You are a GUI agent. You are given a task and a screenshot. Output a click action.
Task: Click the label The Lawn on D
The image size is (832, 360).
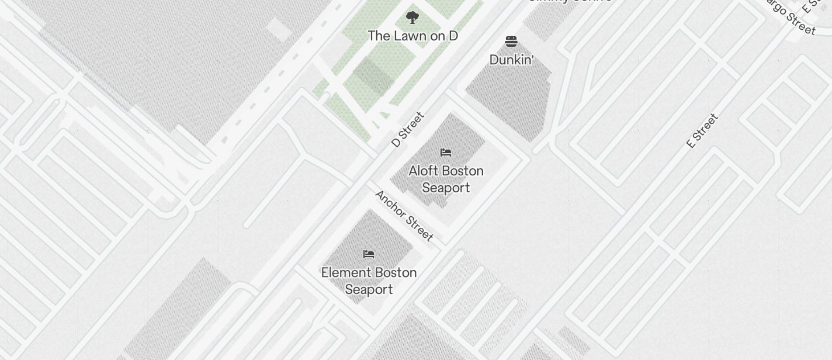[x=412, y=36]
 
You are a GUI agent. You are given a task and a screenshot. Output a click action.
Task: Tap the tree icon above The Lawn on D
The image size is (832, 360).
[x=412, y=17]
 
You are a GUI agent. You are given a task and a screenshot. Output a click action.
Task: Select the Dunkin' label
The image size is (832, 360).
[x=512, y=60]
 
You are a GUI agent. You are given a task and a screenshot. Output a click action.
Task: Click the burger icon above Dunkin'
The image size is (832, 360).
[x=511, y=41]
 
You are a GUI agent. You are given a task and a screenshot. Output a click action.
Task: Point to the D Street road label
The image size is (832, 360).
[x=407, y=129]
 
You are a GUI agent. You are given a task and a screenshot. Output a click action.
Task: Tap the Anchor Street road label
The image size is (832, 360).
[x=404, y=215]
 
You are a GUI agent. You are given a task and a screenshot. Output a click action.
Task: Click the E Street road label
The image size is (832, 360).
[x=702, y=131]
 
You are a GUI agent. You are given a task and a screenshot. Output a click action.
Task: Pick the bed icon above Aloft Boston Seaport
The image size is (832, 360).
[x=446, y=153]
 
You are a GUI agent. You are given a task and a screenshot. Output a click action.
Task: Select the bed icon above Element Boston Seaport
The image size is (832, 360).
[x=369, y=254]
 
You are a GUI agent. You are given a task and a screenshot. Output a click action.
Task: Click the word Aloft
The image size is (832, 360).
[x=422, y=171]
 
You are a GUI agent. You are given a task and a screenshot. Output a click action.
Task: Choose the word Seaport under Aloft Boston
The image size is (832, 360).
[x=446, y=188]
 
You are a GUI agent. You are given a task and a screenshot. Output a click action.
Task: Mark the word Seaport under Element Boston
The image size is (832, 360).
[x=369, y=290]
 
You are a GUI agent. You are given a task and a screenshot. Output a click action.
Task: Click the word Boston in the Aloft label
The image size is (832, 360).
[x=462, y=171]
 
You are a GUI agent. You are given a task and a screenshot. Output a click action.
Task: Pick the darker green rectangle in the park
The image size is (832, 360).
[x=372, y=77]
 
